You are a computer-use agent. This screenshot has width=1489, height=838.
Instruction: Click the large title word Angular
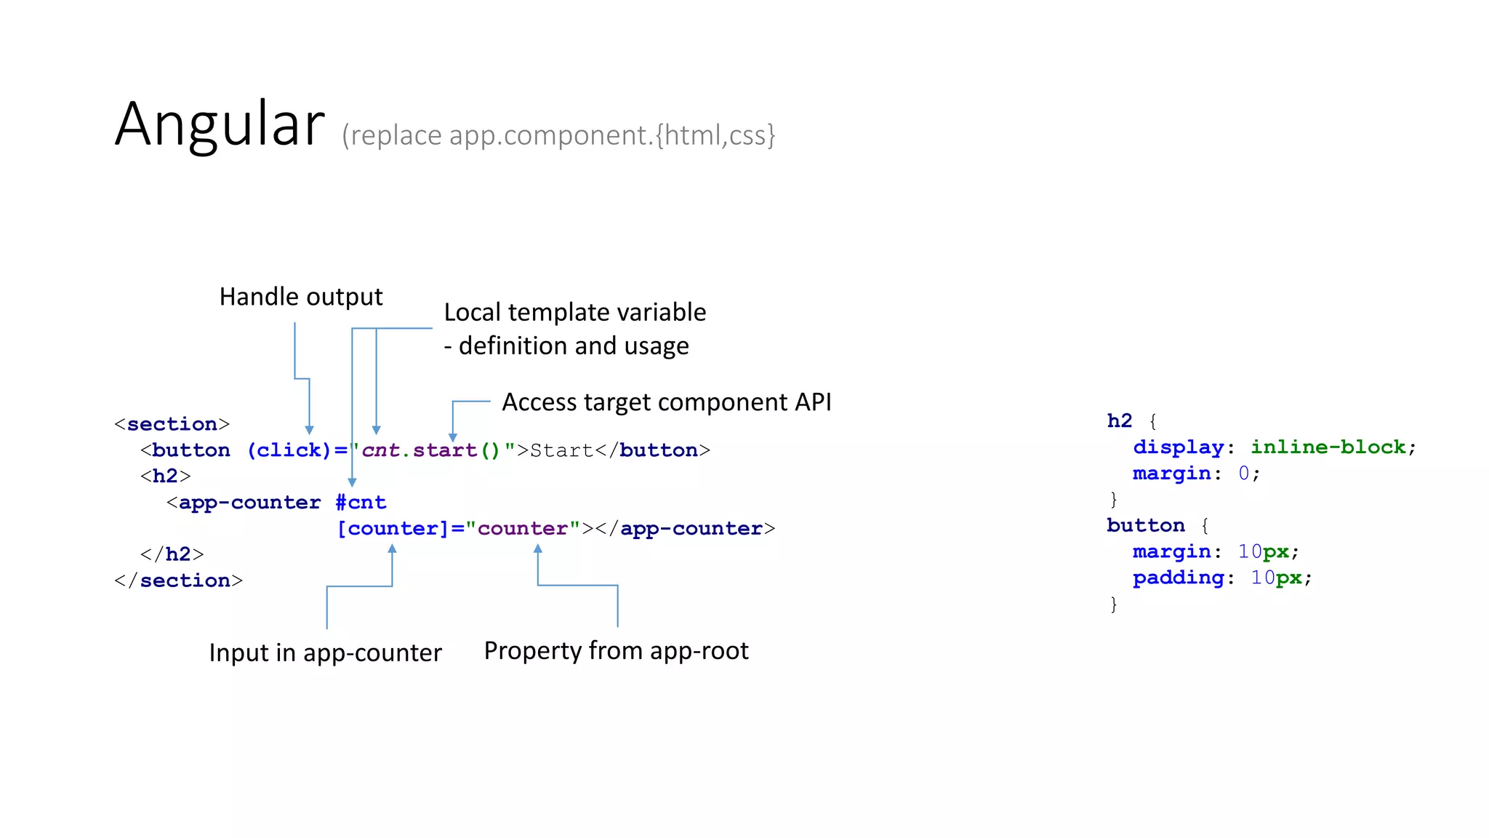(220, 124)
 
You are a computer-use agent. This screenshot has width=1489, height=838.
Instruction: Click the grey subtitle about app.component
(558, 135)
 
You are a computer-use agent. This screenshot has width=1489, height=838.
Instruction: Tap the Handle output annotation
(301, 297)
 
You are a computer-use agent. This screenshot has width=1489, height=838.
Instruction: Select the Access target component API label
(666, 402)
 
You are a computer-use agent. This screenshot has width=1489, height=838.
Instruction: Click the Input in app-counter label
(325, 653)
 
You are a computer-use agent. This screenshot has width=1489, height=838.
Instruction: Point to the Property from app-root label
(616, 650)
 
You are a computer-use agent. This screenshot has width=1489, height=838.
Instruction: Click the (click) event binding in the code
(289, 450)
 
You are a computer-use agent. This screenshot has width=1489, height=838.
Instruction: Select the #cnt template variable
(361, 503)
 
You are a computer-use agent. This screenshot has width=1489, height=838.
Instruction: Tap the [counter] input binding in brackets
(393, 529)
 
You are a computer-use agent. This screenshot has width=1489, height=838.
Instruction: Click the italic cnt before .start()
(381, 450)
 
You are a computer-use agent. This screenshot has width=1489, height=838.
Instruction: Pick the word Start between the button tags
(562, 450)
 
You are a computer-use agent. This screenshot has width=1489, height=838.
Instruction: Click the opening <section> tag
(172, 424)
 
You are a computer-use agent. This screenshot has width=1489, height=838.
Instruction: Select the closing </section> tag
(178, 580)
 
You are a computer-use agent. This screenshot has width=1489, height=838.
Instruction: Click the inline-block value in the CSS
(1328, 447)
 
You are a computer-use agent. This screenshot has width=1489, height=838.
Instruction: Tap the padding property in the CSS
(1178, 578)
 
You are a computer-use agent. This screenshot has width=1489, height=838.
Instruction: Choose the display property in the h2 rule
(1178, 447)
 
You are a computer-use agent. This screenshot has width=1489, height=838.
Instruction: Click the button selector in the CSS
(1145, 525)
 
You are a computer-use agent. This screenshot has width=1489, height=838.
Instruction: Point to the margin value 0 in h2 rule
(1244, 474)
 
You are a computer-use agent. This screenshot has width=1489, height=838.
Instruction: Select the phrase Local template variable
(574, 312)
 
